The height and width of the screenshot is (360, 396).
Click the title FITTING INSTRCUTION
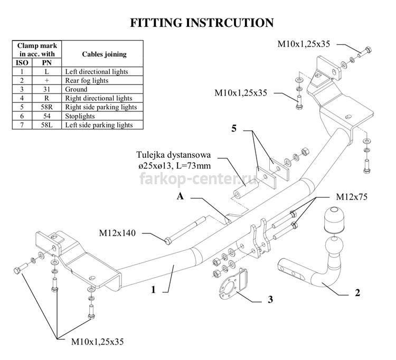(202, 23)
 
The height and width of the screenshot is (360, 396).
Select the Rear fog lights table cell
(102, 80)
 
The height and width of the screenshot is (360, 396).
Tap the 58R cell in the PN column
(46, 107)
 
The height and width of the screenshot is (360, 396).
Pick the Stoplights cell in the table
(102, 116)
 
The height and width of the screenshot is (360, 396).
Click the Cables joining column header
(105, 54)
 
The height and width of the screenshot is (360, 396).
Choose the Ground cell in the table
(102, 89)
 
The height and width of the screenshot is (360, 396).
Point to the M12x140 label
(117, 233)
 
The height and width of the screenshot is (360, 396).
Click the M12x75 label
(352, 197)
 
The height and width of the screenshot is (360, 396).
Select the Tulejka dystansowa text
(173, 155)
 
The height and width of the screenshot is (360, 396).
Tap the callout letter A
(180, 196)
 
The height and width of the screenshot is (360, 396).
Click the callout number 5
(234, 128)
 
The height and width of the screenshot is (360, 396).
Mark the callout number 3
(270, 299)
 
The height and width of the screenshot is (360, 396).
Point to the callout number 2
(357, 293)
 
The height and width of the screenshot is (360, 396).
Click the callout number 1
(153, 290)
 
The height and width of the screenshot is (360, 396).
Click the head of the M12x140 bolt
(168, 241)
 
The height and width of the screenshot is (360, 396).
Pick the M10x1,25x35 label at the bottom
(98, 342)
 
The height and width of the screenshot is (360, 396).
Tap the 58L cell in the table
(46, 125)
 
